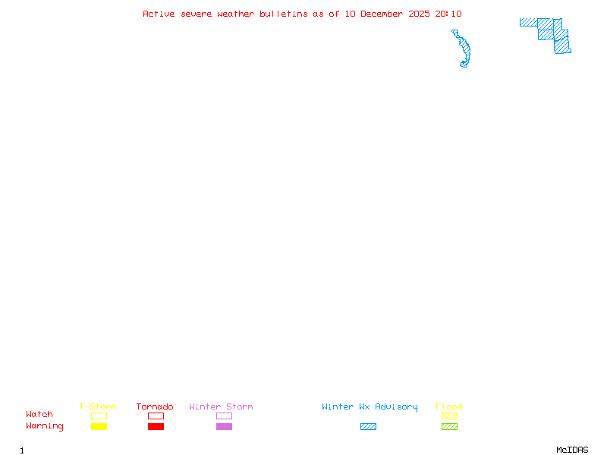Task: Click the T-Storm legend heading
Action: point(98,406)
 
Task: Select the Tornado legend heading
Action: point(155,406)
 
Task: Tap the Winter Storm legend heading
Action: point(221,406)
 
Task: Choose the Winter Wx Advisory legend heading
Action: point(370,406)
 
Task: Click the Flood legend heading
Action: point(449,406)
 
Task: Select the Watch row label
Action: point(39,415)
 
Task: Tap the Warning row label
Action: point(45,426)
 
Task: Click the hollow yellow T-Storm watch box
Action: point(99,416)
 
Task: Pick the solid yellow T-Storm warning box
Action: point(99,427)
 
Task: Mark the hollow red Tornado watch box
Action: point(156,416)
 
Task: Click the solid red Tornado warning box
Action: point(156,427)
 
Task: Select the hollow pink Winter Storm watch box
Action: point(224,416)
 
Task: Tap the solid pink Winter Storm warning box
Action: point(224,427)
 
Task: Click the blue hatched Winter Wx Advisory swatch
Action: point(368,427)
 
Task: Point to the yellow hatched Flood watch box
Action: point(449,416)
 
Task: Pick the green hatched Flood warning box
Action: point(449,427)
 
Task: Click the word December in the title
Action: point(385,14)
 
